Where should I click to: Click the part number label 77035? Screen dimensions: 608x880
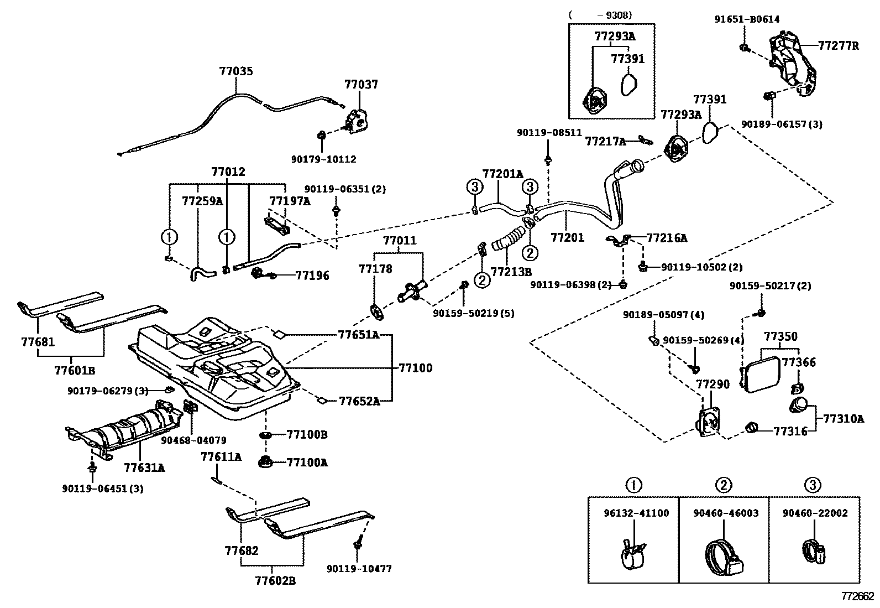point(236,71)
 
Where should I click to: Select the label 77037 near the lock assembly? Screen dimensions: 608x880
point(361,85)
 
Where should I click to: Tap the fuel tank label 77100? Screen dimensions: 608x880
point(415,368)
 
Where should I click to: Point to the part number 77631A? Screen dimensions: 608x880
point(144,468)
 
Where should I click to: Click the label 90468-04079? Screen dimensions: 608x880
point(193,440)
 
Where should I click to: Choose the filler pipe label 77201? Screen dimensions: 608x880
point(567,238)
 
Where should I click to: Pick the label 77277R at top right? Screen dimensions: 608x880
point(839,46)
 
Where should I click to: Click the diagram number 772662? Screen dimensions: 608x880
point(857,596)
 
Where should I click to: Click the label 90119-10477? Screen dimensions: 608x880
point(359,569)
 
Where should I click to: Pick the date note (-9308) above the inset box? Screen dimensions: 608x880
point(600,15)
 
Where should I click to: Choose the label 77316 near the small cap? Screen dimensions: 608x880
point(790,432)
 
